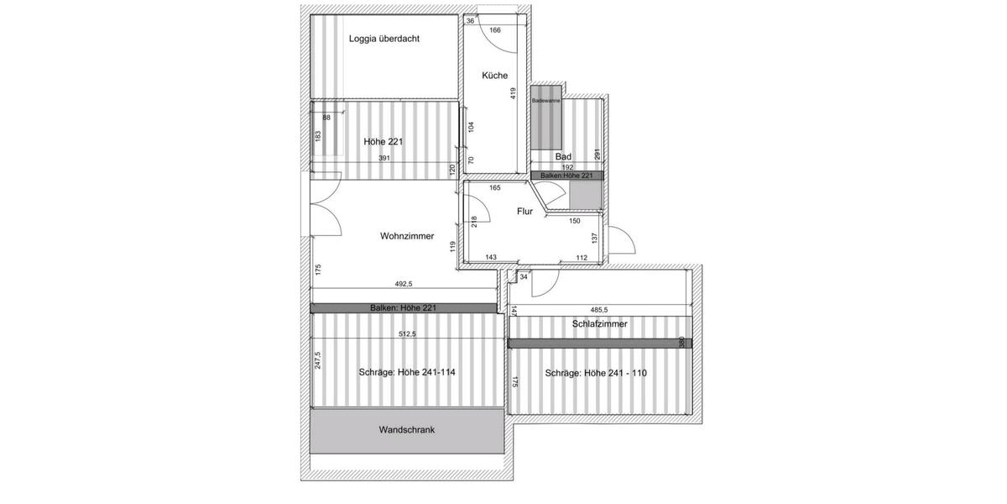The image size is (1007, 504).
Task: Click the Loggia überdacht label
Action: (x=384, y=39)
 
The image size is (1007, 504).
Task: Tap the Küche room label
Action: (x=494, y=76)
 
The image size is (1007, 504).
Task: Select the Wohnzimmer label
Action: (x=407, y=236)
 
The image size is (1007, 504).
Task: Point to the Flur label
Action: (x=524, y=212)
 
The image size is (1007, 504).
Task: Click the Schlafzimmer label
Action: (x=600, y=323)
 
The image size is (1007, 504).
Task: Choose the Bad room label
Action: (x=563, y=156)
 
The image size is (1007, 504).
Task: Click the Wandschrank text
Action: (x=406, y=429)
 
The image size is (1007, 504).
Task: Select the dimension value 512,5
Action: (x=408, y=333)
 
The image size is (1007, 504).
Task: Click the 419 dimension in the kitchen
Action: (x=514, y=93)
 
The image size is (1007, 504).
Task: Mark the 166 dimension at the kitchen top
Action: (x=495, y=31)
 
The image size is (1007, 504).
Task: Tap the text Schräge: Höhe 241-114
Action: (x=407, y=373)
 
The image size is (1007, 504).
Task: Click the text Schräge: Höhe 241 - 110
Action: (x=595, y=373)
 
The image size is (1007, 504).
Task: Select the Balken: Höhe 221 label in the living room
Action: (x=403, y=308)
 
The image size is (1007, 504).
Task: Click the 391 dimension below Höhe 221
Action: (x=383, y=158)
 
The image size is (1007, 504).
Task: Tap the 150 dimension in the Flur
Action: (x=574, y=221)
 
